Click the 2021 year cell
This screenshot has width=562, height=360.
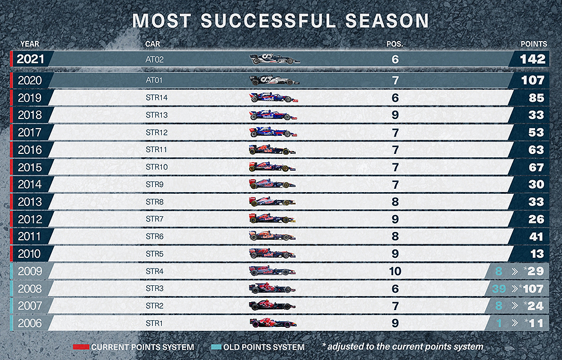(x=30, y=59)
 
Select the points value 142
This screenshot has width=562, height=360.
(x=532, y=59)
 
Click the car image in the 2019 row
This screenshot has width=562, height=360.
(x=274, y=98)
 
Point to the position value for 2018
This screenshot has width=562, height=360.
(x=395, y=115)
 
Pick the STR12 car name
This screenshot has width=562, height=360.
(x=157, y=133)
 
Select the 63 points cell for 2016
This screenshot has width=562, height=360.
(x=536, y=150)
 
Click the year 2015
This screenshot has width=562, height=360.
(x=29, y=167)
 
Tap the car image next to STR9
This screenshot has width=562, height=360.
(x=272, y=184)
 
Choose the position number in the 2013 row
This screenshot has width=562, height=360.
(x=395, y=202)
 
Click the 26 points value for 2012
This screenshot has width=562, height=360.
(x=536, y=219)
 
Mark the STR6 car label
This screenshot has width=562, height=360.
(x=155, y=236)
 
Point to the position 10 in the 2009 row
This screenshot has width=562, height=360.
(x=395, y=271)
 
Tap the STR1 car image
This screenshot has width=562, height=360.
(x=272, y=323)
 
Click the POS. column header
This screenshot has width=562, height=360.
(x=395, y=44)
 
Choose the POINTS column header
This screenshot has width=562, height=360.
(x=533, y=44)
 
